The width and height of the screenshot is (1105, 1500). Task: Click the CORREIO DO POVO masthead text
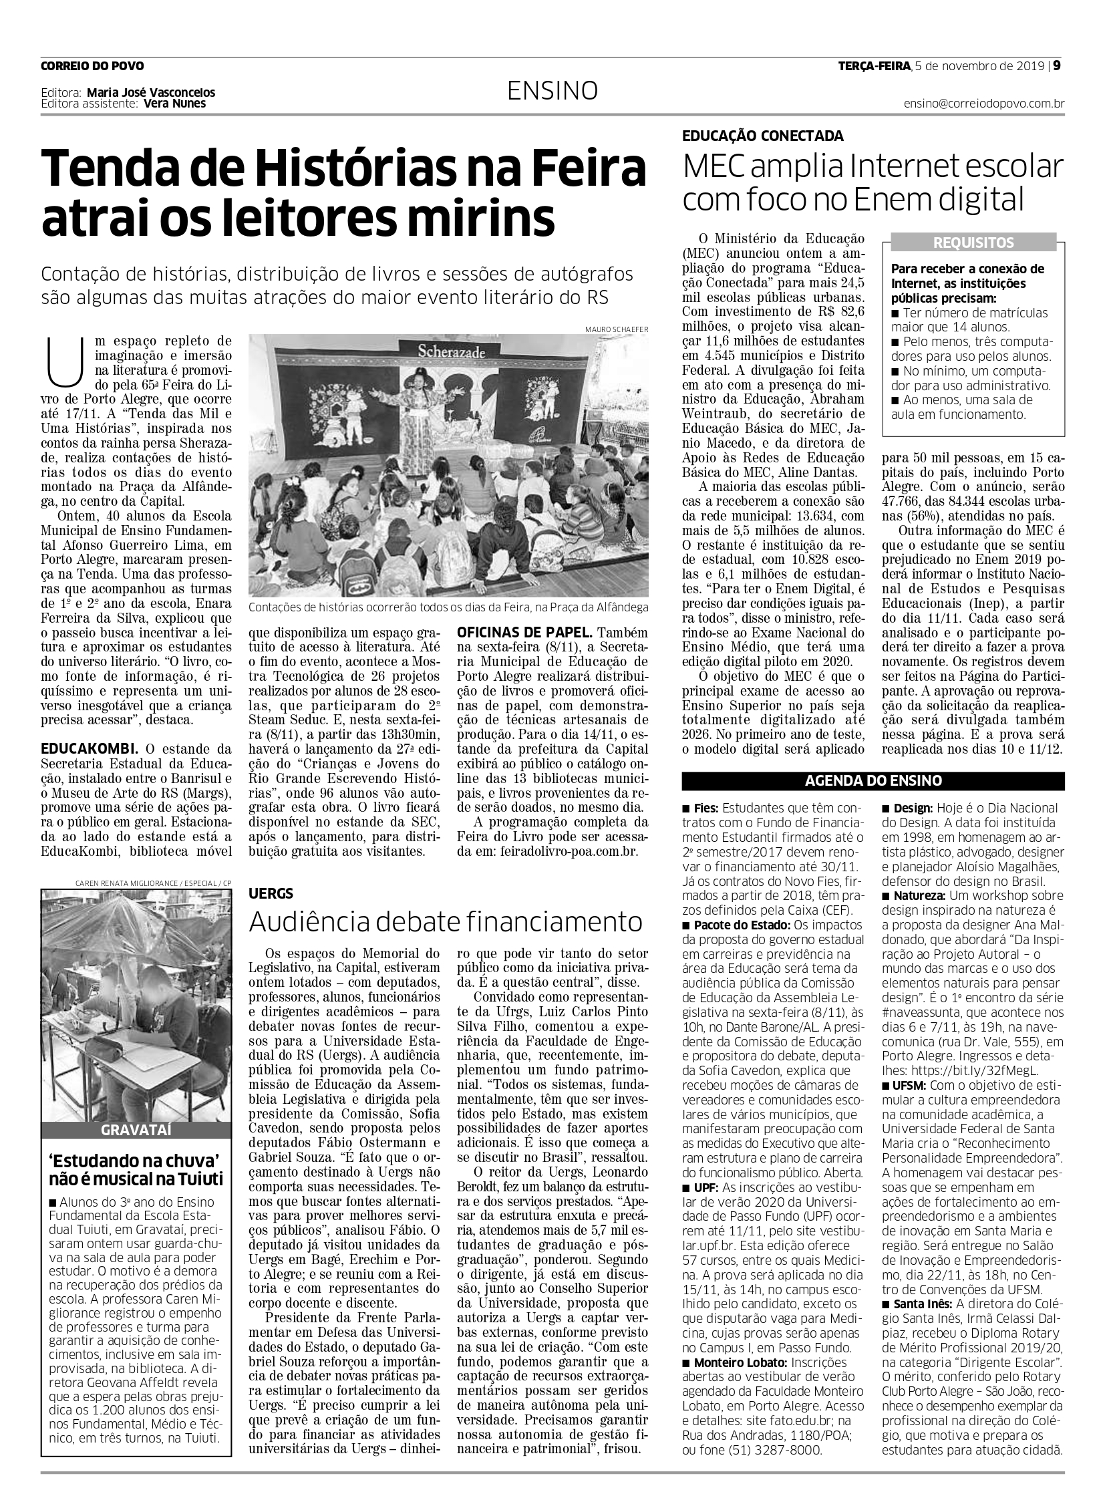point(92,66)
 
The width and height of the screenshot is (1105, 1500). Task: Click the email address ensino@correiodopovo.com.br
point(983,104)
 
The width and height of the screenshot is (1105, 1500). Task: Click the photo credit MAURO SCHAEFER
point(615,329)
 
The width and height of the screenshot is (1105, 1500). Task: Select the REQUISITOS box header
point(973,243)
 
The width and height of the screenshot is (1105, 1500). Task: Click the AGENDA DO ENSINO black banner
point(873,781)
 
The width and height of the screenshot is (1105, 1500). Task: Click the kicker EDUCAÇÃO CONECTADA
point(762,136)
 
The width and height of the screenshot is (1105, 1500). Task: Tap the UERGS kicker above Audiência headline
point(271,893)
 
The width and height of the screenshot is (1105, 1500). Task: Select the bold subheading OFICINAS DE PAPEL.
point(524,632)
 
